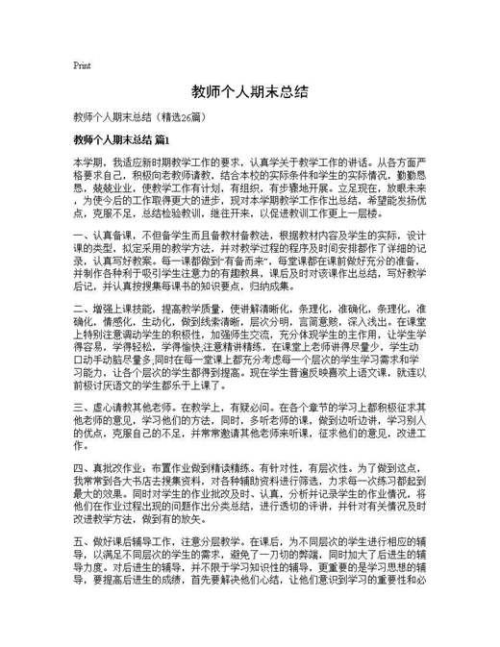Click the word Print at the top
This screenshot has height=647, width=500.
[x=82, y=66]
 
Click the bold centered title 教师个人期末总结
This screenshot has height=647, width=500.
[x=249, y=92]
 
